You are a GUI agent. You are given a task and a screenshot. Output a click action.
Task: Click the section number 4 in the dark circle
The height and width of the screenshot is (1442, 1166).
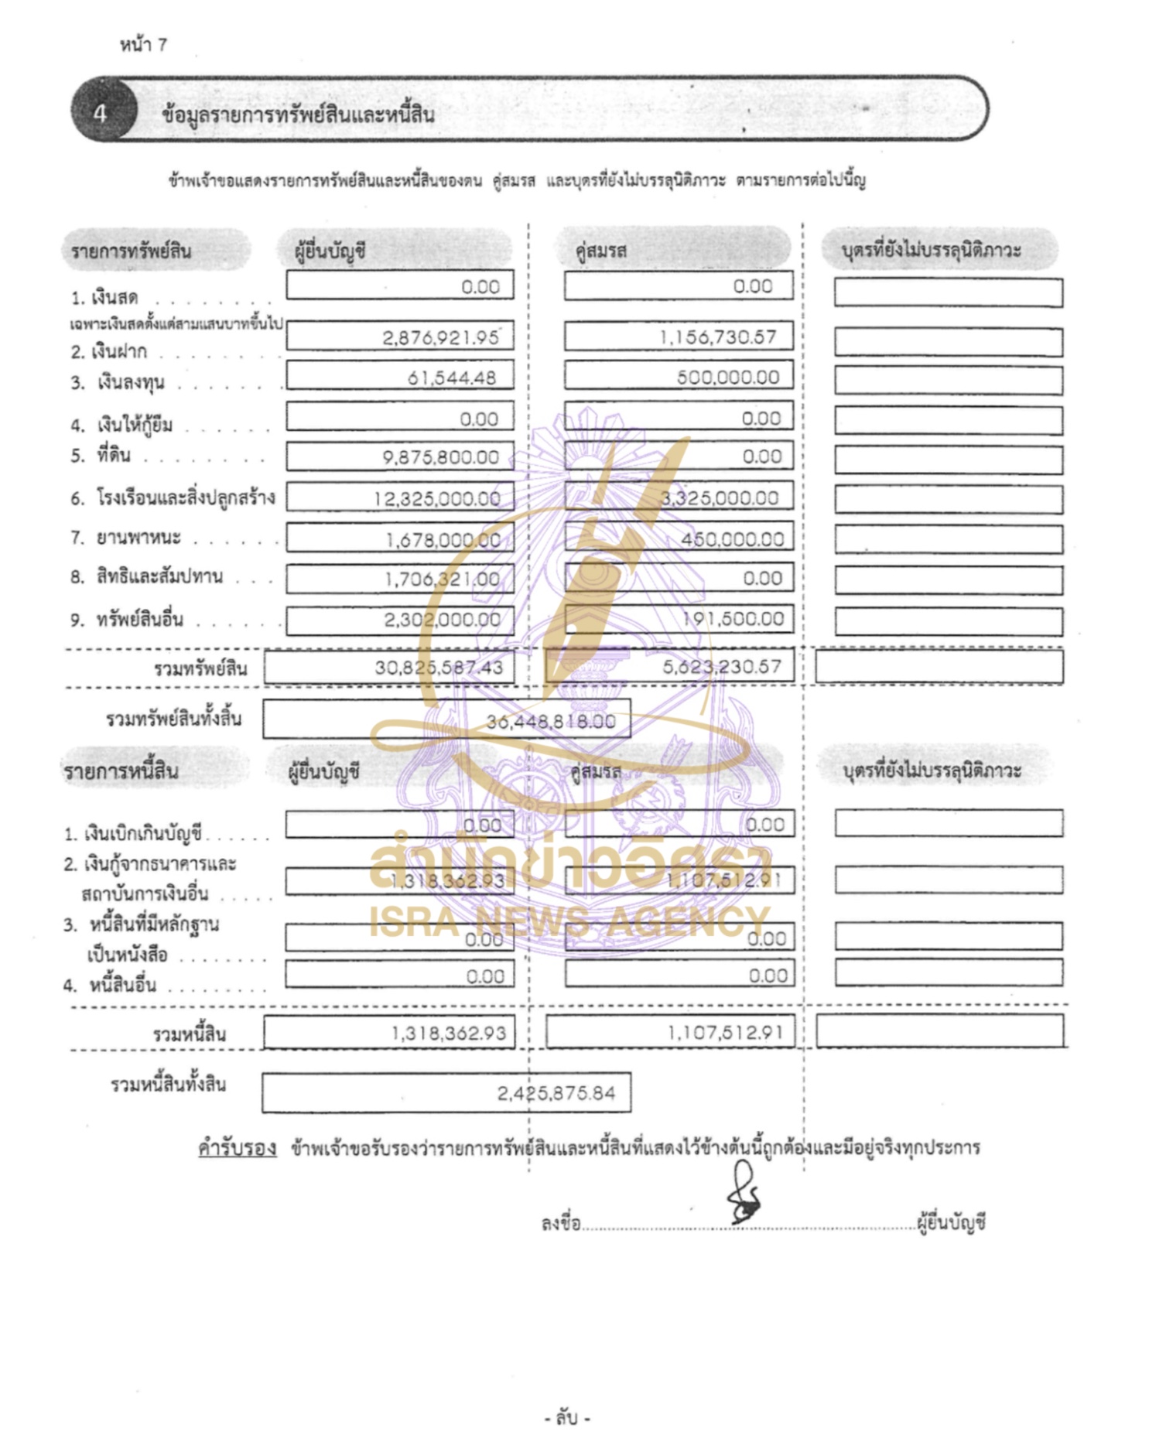coord(100,113)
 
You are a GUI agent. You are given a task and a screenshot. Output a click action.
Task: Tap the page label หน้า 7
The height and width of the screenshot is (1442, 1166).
coord(143,45)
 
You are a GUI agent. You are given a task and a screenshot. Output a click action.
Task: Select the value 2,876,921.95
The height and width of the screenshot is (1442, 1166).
coord(440,337)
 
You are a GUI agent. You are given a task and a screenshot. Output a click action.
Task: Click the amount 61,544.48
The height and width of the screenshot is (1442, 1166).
coord(451,378)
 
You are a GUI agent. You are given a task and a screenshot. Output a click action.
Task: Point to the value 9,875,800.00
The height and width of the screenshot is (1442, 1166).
coord(440,457)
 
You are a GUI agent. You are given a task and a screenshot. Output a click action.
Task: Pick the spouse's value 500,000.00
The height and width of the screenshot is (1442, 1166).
coord(727,378)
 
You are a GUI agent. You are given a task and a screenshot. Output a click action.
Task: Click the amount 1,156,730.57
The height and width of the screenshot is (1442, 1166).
coord(717,337)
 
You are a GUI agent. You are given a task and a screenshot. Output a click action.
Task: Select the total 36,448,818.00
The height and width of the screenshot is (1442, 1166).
coord(550,722)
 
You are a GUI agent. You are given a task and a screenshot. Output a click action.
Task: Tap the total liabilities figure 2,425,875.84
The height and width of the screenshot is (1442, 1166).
coord(556,1093)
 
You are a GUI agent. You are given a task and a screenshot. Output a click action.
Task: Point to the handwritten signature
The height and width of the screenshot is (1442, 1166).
coord(744,1196)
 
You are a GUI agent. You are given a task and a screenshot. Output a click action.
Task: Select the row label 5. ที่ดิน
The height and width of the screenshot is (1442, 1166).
coord(101,456)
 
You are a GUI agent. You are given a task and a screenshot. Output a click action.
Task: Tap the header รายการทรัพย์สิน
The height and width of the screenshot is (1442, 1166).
coord(131,251)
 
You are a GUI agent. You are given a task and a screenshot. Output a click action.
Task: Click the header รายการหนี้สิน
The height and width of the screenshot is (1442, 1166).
coord(121,771)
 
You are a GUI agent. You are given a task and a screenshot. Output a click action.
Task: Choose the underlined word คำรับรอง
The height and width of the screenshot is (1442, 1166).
coord(237,1148)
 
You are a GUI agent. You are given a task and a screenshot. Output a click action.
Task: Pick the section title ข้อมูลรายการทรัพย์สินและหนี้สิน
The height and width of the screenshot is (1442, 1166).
coord(298,115)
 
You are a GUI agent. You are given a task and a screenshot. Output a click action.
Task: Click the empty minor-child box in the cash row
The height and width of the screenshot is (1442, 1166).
coord(948,292)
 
